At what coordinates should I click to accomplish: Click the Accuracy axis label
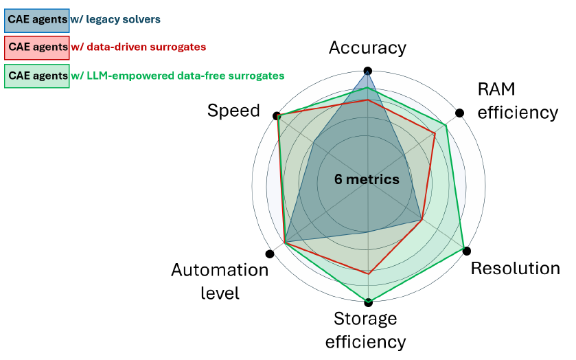tap(367, 48)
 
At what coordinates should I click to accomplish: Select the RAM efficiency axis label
tap(518, 101)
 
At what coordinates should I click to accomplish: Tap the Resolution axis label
tap(515, 269)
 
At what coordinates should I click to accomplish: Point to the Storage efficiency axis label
tap(365, 330)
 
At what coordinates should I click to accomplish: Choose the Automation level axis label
tap(220, 281)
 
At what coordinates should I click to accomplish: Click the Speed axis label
tap(233, 111)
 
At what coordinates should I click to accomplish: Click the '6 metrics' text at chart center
tap(367, 179)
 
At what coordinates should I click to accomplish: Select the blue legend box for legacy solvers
tap(37, 21)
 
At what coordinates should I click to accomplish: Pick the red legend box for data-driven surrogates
tap(37, 47)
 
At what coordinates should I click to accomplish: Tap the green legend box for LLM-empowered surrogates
tap(37, 76)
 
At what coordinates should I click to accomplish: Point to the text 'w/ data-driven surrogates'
tap(139, 47)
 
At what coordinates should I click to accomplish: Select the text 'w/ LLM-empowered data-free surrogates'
tap(178, 76)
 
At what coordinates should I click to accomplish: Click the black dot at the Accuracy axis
tap(368, 71)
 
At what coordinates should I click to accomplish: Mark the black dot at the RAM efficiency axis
tap(459, 113)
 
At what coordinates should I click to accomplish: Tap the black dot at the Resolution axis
tap(467, 251)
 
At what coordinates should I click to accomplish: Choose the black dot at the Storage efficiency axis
tap(369, 302)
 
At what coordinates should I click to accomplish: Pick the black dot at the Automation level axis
tap(270, 254)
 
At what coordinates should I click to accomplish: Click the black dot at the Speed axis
tap(276, 116)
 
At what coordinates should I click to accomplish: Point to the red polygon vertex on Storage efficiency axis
tap(369, 274)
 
